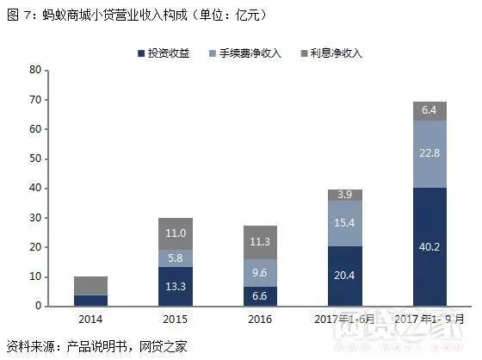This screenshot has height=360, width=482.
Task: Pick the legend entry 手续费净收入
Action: click(x=254, y=53)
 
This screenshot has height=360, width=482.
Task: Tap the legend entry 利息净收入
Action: click(x=338, y=53)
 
